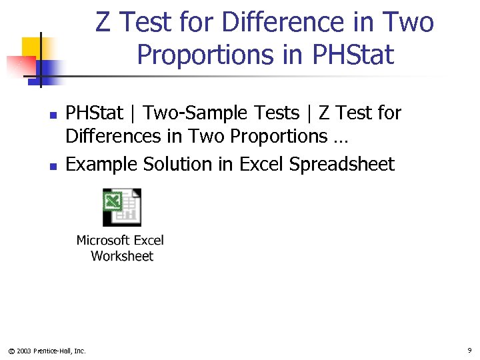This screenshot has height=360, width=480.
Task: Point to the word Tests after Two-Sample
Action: tap(275, 113)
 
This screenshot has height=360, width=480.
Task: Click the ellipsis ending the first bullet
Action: tap(340, 139)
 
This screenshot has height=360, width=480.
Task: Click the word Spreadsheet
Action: tap(342, 165)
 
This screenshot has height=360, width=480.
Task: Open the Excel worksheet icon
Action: tap(121, 207)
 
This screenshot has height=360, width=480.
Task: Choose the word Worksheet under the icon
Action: tap(122, 256)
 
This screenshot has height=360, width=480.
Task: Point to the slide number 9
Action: tap(469, 350)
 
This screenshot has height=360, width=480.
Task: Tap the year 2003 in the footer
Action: tap(23, 351)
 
